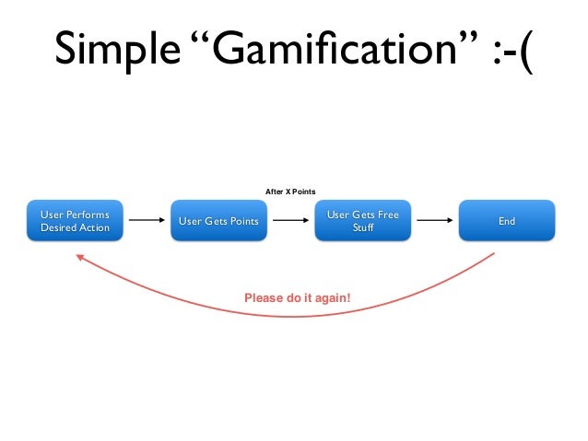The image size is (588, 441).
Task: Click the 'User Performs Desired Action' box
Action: tap(75, 221)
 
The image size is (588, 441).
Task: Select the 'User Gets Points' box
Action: tap(218, 221)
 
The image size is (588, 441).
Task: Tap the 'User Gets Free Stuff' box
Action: tap(362, 221)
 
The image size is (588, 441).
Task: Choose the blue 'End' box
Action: tap(507, 221)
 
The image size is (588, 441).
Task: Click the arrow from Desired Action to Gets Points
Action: tap(146, 221)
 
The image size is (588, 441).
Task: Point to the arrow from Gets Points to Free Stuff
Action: tap(289, 221)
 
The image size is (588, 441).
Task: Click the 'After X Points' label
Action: tap(290, 191)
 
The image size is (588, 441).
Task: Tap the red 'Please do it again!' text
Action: tap(297, 298)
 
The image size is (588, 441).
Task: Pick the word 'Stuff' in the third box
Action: tap(362, 227)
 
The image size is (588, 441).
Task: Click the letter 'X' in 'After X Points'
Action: tap(288, 191)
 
